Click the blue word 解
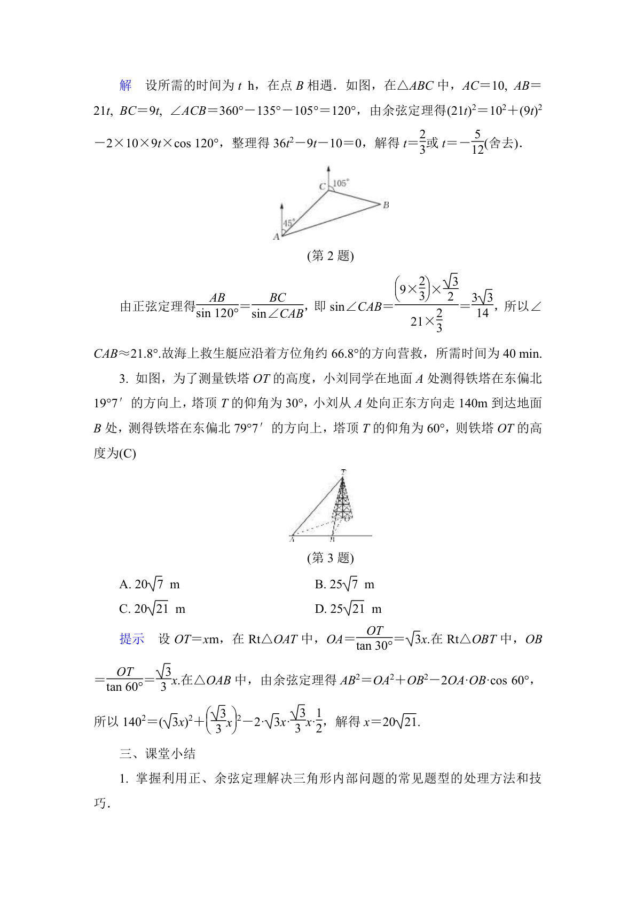(125, 85)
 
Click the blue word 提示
(132, 639)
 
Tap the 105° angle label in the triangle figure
(341, 183)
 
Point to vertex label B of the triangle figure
(386, 205)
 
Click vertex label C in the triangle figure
(322, 186)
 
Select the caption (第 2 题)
(330, 256)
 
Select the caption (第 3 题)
(330, 558)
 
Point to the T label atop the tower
(343, 471)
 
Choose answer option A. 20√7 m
(150, 584)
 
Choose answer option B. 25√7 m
(344, 584)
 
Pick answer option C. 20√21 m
(152, 609)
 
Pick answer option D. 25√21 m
(348, 609)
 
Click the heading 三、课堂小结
(158, 753)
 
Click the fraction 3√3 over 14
(482, 305)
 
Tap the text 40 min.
(522, 353)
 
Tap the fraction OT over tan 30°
(374, 638)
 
